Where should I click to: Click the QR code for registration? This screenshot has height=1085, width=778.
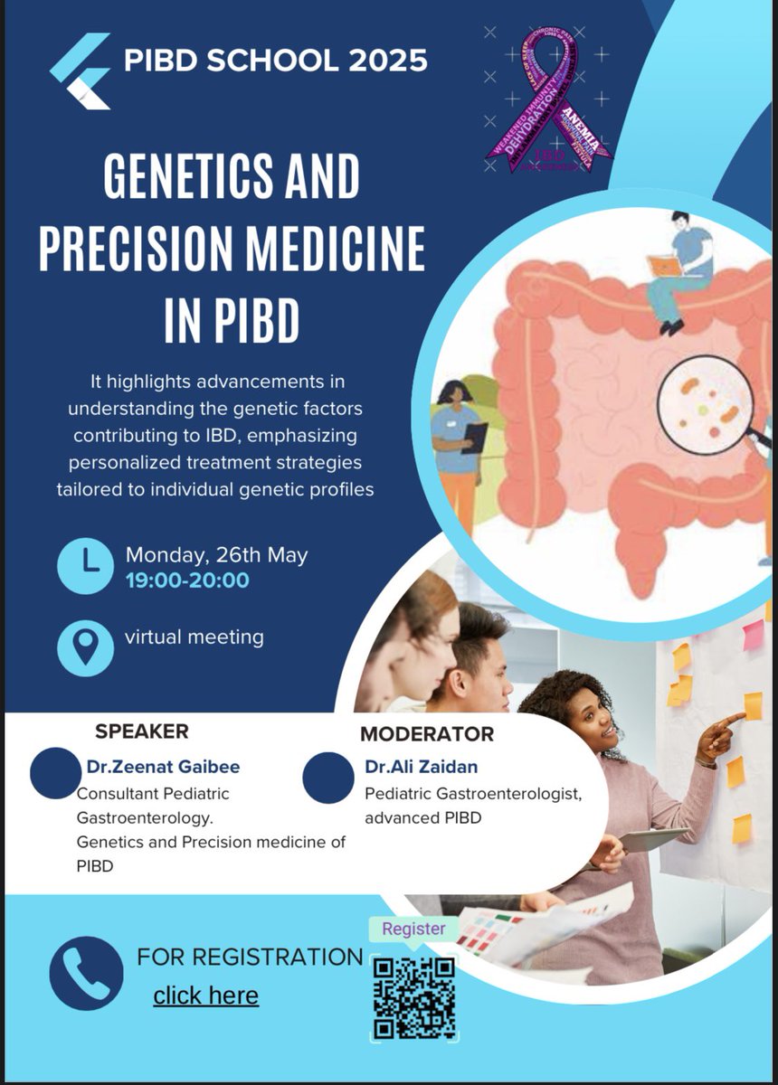(414, 997)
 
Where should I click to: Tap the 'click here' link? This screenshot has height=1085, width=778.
(205, 995)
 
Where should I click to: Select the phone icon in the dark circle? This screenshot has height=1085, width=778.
(86, 973)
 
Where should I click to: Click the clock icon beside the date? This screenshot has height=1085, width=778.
(85, 566)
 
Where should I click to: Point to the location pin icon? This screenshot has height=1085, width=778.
(85, 647)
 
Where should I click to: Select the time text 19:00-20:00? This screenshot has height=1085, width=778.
(187, 580)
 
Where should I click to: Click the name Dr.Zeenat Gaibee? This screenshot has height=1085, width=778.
(164, 768)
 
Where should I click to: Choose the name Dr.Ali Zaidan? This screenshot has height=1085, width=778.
(421, 767)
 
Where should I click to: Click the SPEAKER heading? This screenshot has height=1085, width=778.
(142, 731)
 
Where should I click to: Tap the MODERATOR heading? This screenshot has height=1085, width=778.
(427, 733)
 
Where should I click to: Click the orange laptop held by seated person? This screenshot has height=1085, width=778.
(663, 266)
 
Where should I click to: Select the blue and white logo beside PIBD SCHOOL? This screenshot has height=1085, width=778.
(81, 71)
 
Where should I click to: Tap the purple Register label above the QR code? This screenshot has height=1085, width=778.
(413, 929)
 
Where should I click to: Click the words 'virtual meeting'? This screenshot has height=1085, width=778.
(194, 637)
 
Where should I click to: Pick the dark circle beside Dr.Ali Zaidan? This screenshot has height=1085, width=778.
(327, 778)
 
